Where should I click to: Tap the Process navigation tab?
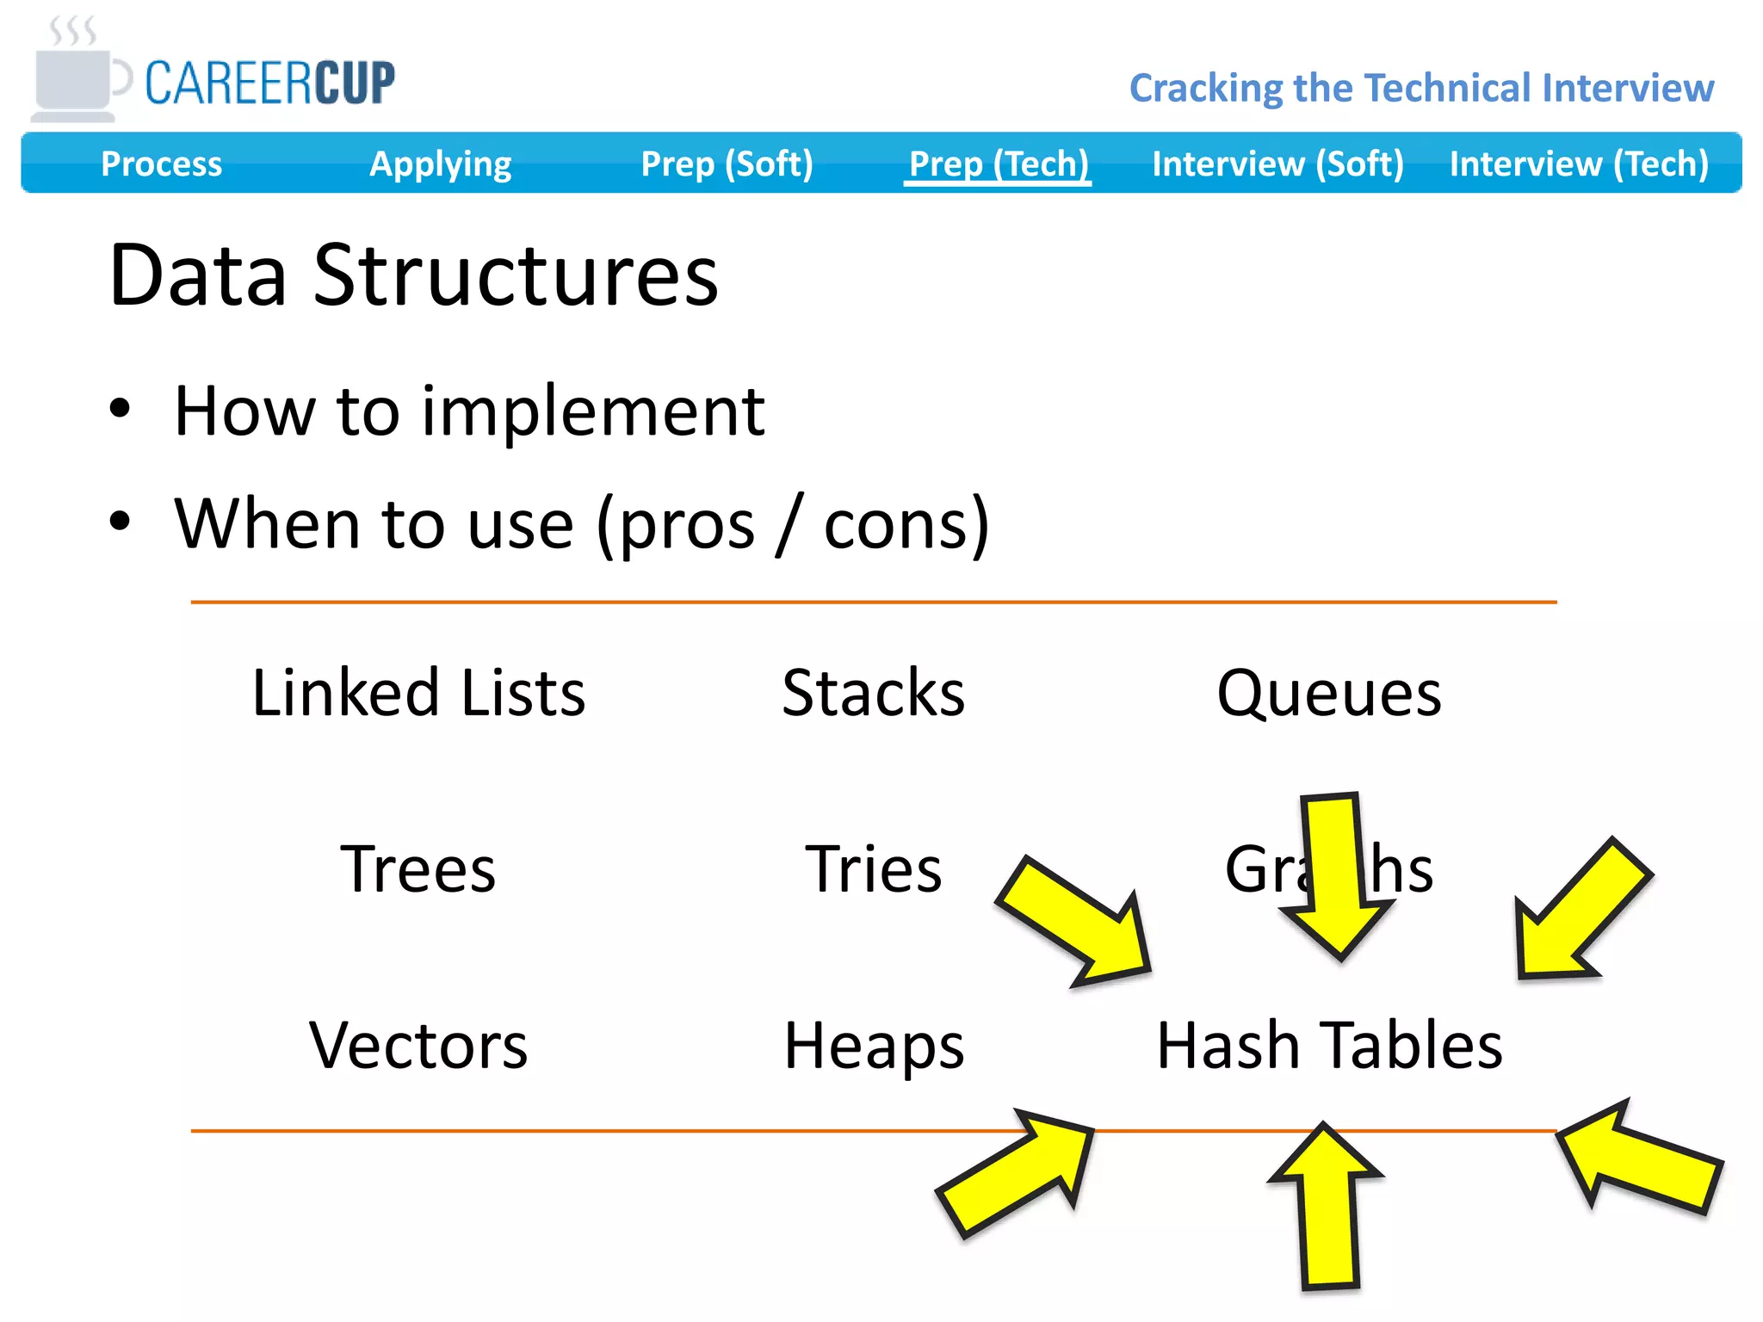(161, 164)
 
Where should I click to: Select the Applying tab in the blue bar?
(440, 164)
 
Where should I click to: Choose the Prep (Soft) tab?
(727, 164)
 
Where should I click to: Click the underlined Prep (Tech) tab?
(999, 164)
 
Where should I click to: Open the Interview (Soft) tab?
(1277, 164)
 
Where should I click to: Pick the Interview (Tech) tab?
(1579, 164)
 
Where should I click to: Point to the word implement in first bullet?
(593, 411)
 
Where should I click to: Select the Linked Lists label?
(418, 693)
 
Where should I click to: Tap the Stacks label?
(873, 693)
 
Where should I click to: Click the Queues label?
(1328, 693)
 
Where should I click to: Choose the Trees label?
(418, 869)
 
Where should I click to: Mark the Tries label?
(873, 869)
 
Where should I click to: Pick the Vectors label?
(418, 1046)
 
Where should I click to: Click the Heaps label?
(873, 1046)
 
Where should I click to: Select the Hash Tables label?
(1328, 1046)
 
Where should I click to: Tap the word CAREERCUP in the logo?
(269, 83)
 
